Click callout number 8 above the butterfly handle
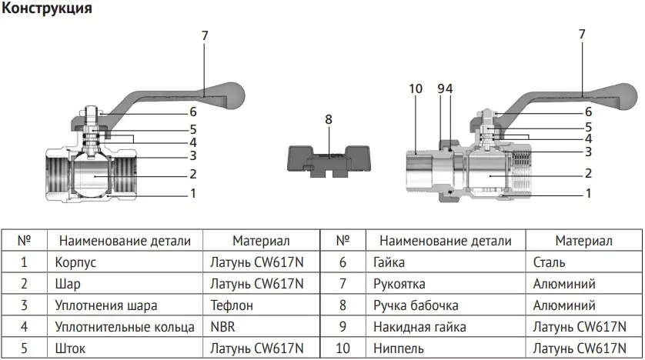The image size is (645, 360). (x=329, y=119)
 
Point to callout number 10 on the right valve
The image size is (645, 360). (x=416, y=88)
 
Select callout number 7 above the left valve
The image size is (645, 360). (x=205, y=35)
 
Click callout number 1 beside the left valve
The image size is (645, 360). (x=193, y=194)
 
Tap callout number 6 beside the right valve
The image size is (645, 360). (x=588, y=112)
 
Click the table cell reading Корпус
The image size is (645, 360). (x=75, y=262)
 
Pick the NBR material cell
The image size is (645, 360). (x=222, y=326)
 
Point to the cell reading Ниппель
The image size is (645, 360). (x=396, y=348)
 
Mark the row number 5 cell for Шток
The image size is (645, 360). (x=24, y=348)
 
